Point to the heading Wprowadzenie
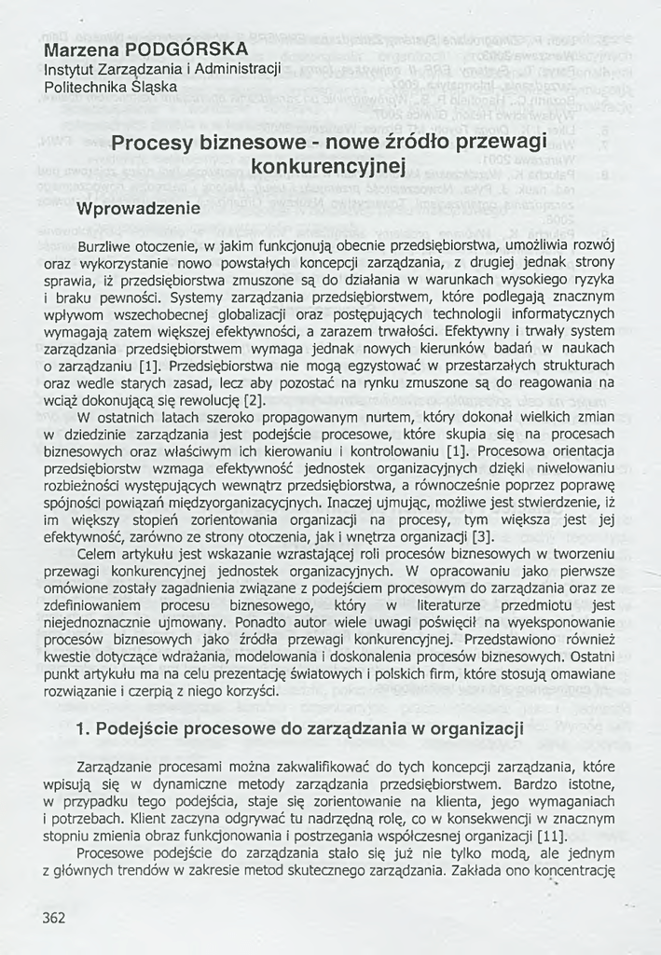tap(138, 208)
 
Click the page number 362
tap(54, 918)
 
